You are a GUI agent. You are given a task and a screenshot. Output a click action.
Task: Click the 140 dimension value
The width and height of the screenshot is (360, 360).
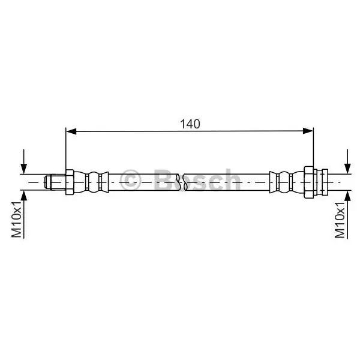pyautogui.click(x=190, y=124)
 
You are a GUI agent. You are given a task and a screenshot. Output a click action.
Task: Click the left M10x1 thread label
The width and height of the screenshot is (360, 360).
pyautogui.click(x=17, y=219)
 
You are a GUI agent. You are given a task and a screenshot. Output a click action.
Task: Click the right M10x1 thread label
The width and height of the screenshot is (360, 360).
pyautogui.click(x=340, y=220)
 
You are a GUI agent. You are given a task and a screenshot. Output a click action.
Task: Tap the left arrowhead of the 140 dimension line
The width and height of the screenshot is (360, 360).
pyautogui.click(x=71, y=131)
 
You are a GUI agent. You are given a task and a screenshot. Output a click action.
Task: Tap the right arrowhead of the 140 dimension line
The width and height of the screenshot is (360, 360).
pyautogui.click(x=308, y=131)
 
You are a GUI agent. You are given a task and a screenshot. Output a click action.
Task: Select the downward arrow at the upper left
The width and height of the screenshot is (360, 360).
pyautogui.click(x=23, y=161)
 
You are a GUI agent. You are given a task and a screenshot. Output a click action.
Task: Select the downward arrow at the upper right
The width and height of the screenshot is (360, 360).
pyautogui.click(x=347, y=161)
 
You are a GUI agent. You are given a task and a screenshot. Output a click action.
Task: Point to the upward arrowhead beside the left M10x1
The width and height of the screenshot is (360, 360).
pyautogui.click(x=23, y=196)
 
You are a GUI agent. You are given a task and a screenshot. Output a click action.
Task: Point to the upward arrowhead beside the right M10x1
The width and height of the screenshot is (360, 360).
pyautogui.click(x=347, y=196)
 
